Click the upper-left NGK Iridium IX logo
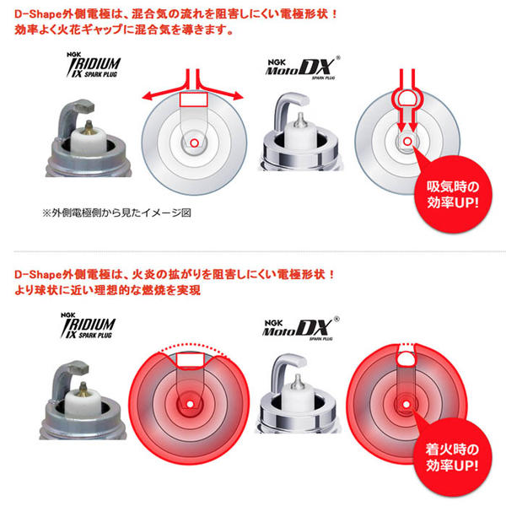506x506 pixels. [94, 65]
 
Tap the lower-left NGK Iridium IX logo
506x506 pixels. [88, 326]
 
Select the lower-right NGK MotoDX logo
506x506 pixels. [300, 329]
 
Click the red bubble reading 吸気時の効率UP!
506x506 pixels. [453, 195]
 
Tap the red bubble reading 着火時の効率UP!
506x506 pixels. [452, 457]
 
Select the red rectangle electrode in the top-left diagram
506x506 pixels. [193, 100]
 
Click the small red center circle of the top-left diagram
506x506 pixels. [194, 143]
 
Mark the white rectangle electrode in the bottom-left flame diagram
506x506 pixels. [190, 360]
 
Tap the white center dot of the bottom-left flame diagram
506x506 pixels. [190, 404]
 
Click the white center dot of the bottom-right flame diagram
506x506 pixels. [406, 404]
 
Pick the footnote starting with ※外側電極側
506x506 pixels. [117, 213]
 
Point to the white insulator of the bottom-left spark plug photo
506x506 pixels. [83, 403]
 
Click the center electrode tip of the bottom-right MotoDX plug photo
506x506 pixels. [297, 380]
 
